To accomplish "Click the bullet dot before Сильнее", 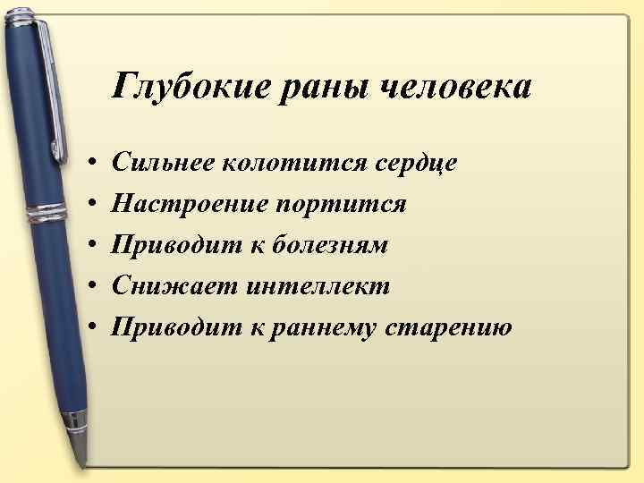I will (x=94, y=165).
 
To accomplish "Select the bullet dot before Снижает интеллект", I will (x=94, y=287).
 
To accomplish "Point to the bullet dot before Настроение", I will (x=94, y=206).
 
